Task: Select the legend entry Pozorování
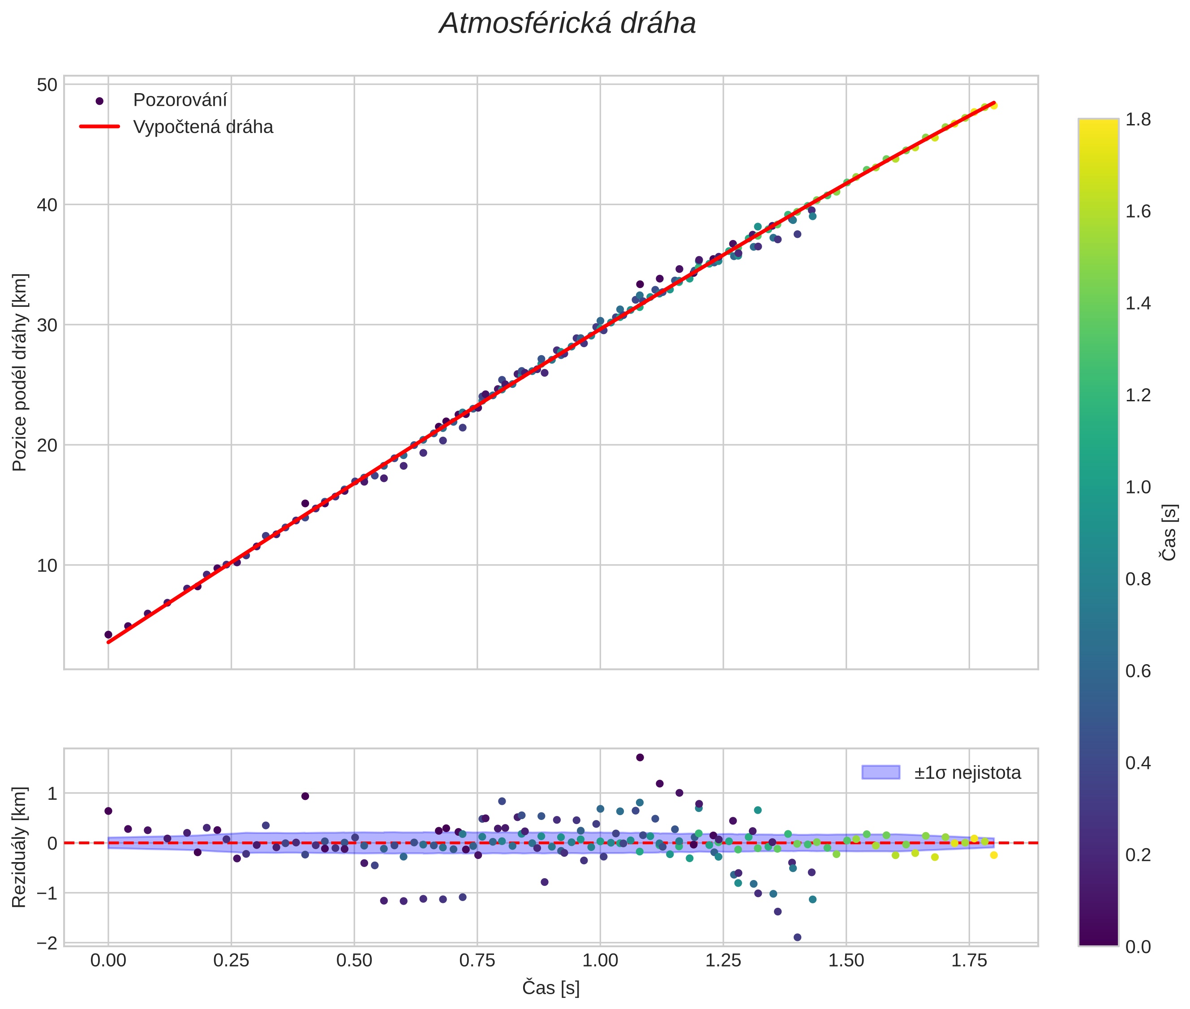tap(180, 100)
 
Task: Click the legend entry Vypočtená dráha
tap(202, 127)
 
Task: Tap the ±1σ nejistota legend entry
tap(967, 773)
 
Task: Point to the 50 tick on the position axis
tap(47, 85)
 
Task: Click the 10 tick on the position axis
tap(47, 566)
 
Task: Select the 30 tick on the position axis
tap(47, 325)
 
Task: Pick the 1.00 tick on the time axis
tap(600, 961)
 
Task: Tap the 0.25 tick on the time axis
tap(231, 961)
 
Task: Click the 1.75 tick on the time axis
tap(969, 961)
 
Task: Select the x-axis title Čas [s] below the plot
tap(550, 988)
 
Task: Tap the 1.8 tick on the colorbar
tap(1138, 120)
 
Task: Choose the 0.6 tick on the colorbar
tap(1138, 671)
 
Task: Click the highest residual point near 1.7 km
tap(640, 757)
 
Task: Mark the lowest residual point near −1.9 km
tap(797, 937)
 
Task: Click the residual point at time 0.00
tap(108, 811)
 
